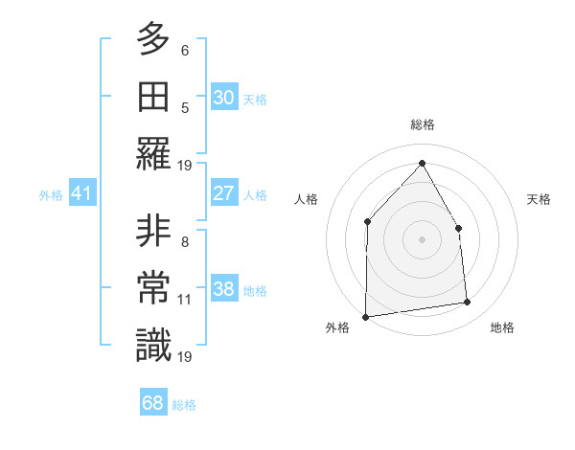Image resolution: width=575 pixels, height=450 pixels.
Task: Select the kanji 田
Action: click(x=153, y=96)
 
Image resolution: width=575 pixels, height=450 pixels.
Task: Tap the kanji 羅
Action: click(x=153, y=153)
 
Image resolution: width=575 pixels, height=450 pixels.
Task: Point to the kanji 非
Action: click(x=153, y=232)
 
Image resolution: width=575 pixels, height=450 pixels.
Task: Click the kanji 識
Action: click(x=153, y=346)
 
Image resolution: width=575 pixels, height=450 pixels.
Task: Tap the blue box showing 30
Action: click(x=223, y=98)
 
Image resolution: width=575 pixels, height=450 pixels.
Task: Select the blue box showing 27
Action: click(x=223, y=193)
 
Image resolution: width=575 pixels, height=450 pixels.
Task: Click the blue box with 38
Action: click(x=223, y=289)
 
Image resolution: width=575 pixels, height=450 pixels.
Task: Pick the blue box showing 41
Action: click(x=82, y=194)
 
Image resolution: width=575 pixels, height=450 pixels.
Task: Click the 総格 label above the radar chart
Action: click(x=422, y=124)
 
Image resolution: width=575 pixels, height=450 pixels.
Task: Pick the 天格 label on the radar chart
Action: click(x=540, y=199)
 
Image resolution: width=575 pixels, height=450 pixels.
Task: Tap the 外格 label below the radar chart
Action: click(x=337, y=327)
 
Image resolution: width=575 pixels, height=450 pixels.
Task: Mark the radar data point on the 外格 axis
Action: click(x=365, y=316)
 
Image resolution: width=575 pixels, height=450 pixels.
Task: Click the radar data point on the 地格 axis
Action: click(x=468, y=303)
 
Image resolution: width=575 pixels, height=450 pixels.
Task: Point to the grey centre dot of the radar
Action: click(x=422, y=238)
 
